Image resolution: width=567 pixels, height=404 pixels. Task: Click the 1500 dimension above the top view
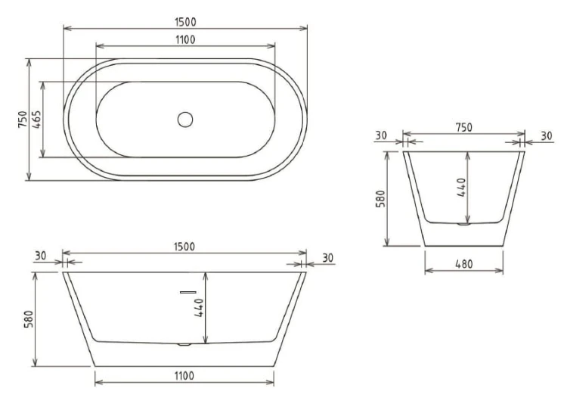[185, 22]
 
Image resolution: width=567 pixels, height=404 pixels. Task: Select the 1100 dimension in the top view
[185, 39]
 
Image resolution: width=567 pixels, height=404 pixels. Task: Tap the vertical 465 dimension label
[36, 120]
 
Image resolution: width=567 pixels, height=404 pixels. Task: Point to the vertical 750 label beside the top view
[23, 120]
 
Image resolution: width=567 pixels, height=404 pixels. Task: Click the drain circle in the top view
[185, 120]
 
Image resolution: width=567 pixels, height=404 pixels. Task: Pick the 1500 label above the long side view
[184, 247]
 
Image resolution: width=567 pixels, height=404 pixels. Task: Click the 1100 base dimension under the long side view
[184, 376]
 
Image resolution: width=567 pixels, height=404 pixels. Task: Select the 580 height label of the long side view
[29, 319]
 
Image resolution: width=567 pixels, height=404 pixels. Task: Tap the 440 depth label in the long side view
[200, 308]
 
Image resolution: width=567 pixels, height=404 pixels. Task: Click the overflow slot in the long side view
[188, 292]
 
